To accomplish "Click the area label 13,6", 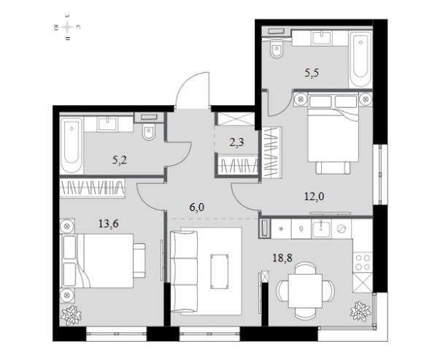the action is coord(109,223).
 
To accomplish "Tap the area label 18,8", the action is coord(282,258).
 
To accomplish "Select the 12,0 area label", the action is coord(314,196).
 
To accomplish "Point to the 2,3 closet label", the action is coord(236,142).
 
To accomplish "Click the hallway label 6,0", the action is coord(197,207).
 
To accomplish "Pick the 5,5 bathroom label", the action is coord(312,73).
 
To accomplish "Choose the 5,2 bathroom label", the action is coord(120,160).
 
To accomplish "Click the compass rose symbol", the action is coord(67,27).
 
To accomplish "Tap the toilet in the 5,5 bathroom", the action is coord(277,50).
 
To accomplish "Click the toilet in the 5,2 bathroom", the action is coord(149,131).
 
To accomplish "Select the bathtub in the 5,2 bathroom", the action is coord(72,145).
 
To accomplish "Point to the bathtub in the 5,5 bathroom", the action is coord(360,59).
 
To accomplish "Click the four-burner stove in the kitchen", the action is coord(363,262).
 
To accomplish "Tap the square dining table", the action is coord(305,291).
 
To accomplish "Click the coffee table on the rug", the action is coord(220,272).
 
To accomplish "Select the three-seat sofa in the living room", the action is coord(184,272).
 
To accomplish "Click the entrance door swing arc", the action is coord(191,83).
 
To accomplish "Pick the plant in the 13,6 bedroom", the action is coord(72,315).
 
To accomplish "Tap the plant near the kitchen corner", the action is coord(360,311).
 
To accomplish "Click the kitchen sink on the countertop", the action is coord(321,229).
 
